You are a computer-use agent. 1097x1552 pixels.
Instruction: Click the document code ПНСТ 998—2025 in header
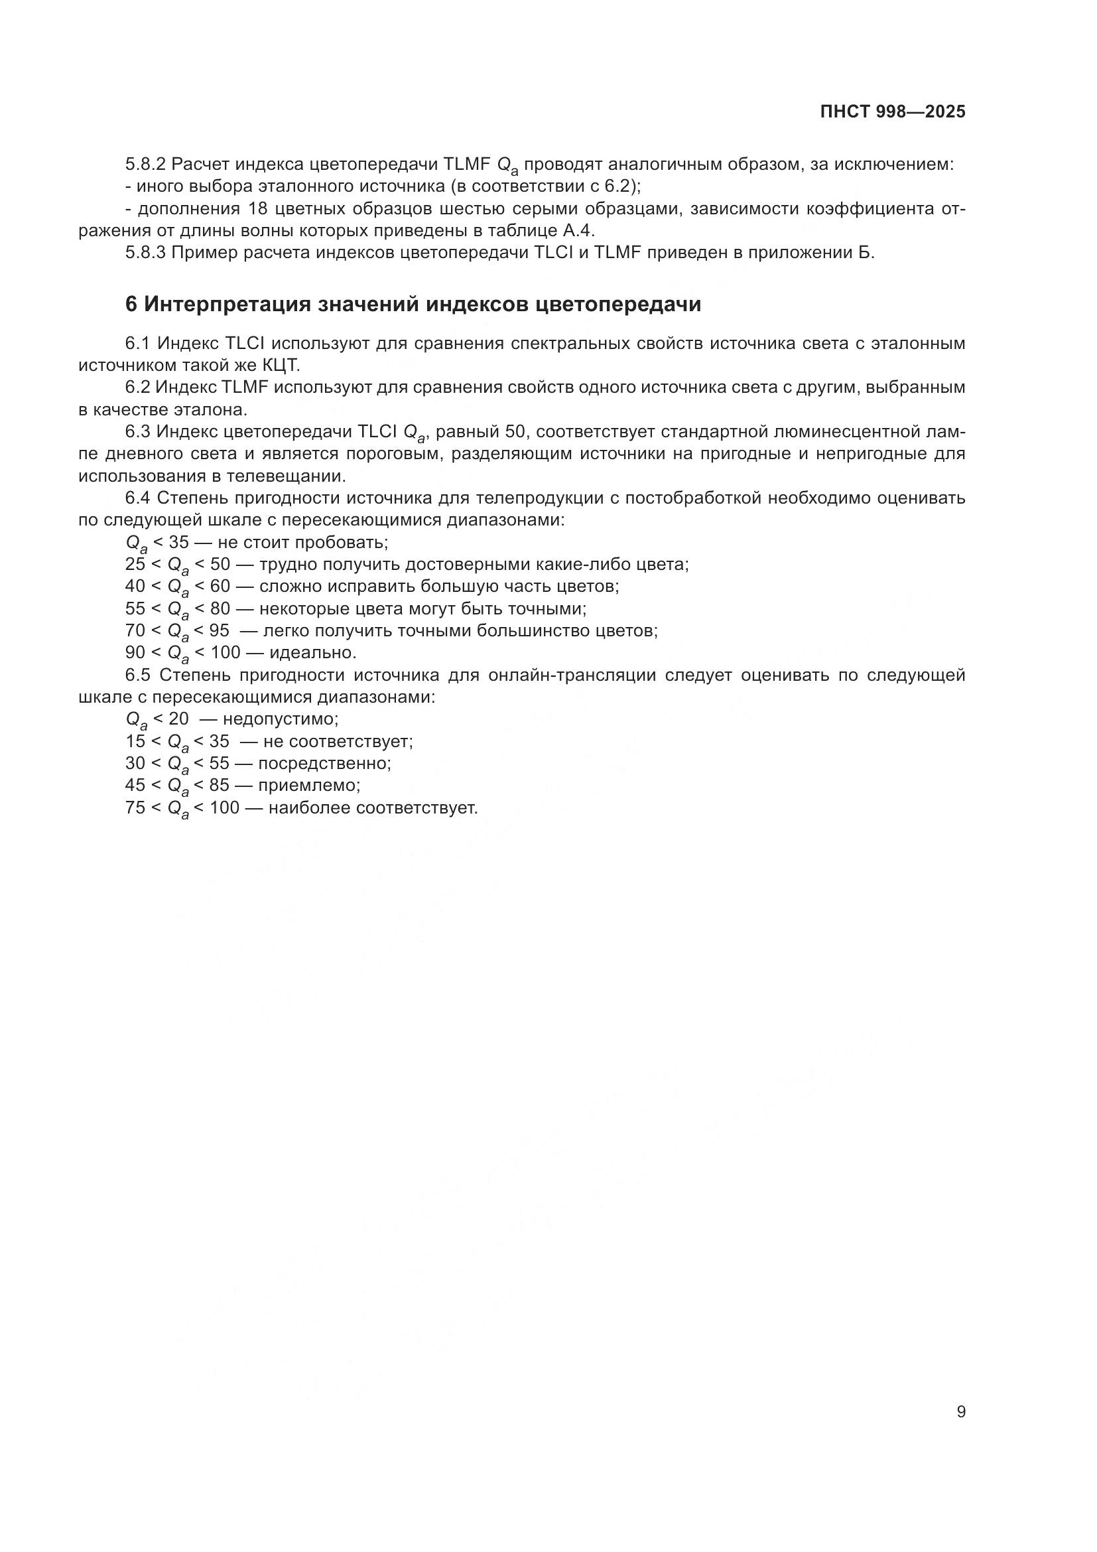[x=892, y=112]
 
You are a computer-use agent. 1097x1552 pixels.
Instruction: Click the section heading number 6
[x=131, y=305]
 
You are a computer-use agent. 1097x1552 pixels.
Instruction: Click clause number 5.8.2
[x=145, y=165]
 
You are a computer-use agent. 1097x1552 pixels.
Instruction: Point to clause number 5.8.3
[x=145, y=253]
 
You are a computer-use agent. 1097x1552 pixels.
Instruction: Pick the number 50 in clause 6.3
[x=515, y=431]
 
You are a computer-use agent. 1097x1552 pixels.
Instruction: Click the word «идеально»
[x=312, y=653]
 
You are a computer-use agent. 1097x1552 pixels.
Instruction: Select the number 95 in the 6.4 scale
[x=219, y=630]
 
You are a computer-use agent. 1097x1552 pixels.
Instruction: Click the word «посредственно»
[x=324, y=763]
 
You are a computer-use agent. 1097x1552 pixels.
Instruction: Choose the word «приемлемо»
[x=308, y=786]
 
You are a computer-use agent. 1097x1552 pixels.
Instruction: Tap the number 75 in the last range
[x=135, y=808]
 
